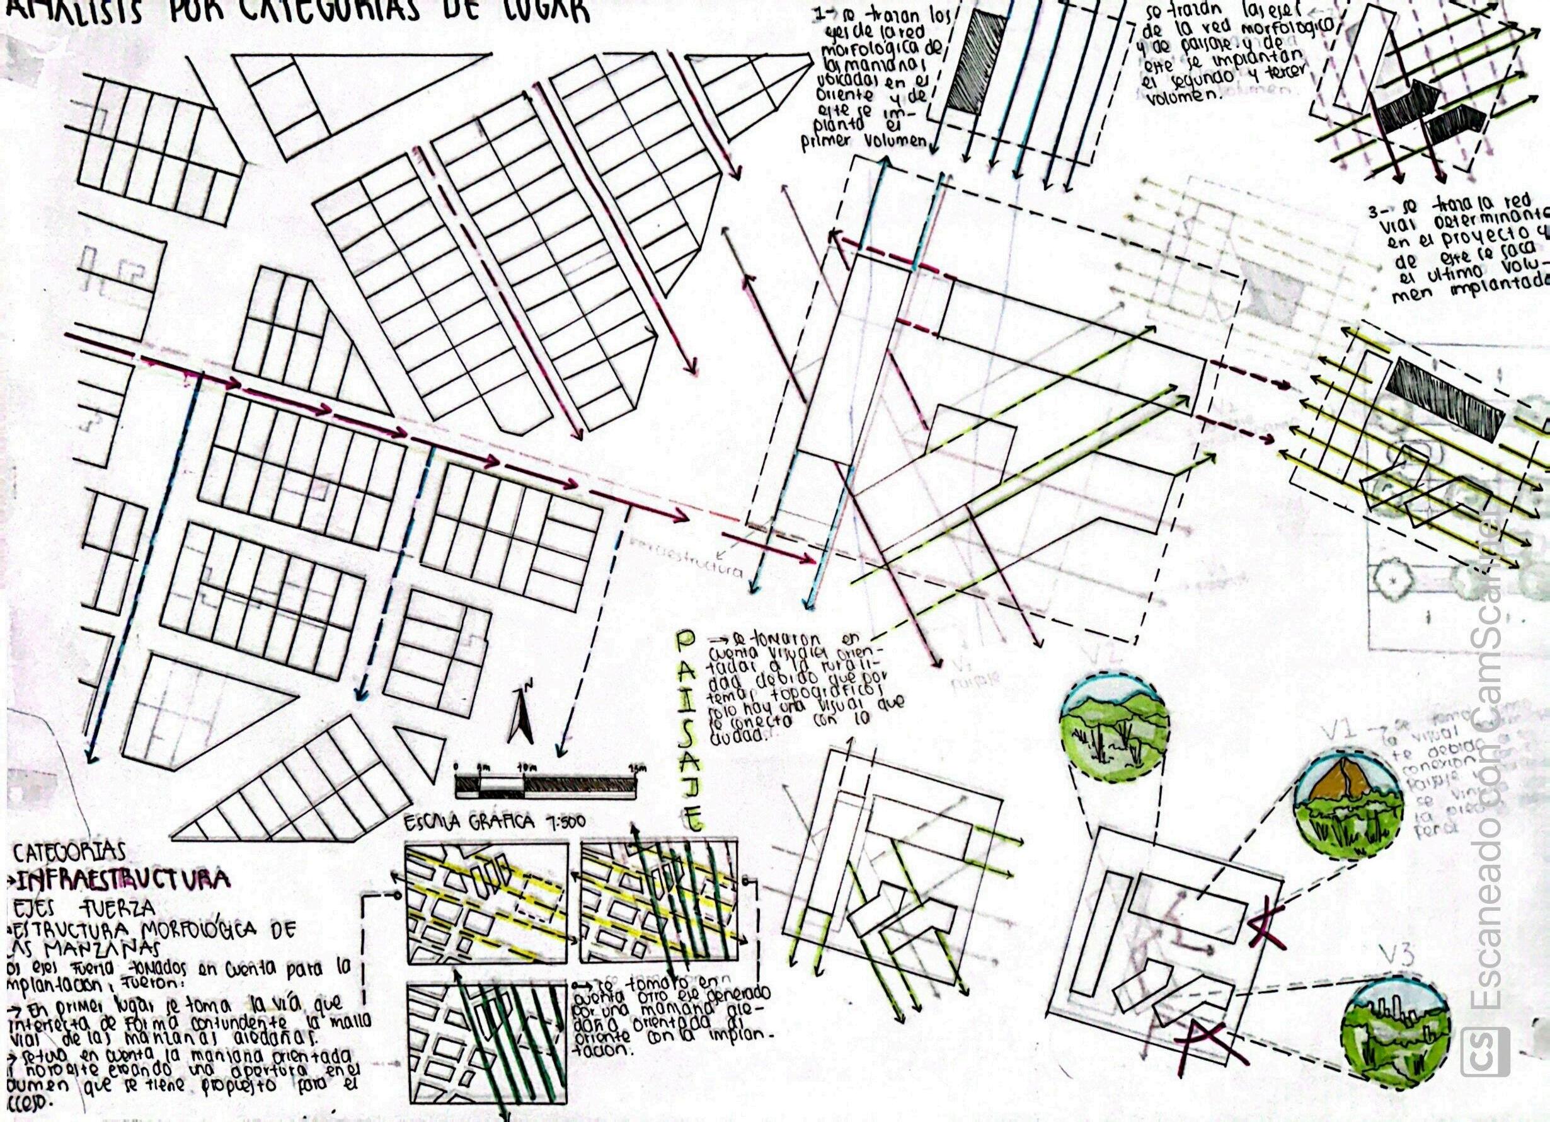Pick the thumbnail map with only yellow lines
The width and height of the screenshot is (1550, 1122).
pos(486,903)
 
